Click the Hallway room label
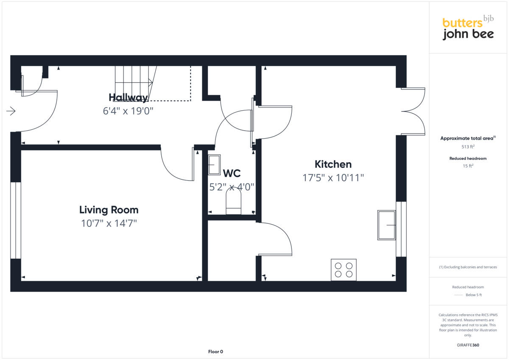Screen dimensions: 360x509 coord(128,98)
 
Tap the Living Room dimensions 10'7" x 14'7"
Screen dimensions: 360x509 coord(109,223)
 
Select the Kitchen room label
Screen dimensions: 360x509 coord(333,164)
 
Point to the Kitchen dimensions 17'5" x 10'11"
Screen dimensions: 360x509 coord(333,178)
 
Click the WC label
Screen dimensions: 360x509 coord(232,173)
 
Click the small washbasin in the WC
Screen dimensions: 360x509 coord(214,165)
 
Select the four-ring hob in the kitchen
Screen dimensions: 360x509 coord(344,270)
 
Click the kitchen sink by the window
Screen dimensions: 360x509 coord(386,225)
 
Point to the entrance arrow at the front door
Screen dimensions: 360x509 coord(11,112)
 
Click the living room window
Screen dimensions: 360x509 coord(16,220)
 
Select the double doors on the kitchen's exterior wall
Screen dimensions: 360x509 coord(412,112)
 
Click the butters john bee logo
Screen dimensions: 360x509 coord(468,28)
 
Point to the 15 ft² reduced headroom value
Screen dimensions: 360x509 coord(468,166)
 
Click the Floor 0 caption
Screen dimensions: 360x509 coord(215,352)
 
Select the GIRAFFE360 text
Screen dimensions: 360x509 coord(468,345)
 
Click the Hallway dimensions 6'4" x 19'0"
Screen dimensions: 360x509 coord(128,111)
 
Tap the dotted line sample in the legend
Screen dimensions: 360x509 coord(459,295)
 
